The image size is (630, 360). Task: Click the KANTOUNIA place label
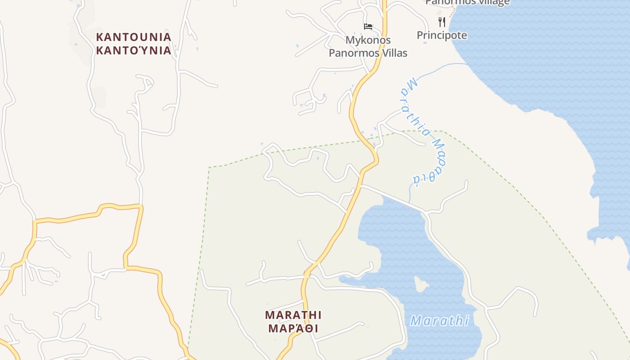coord(134,37)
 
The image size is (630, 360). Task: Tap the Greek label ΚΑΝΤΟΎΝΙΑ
coord(134,50)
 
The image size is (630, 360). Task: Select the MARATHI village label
coord(293,315)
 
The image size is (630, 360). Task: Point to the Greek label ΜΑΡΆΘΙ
coord(293,328)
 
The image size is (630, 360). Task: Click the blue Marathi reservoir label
coord(440,321)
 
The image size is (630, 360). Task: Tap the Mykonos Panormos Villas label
coord(368,47)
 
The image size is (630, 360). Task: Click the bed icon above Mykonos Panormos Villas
coord(368,27)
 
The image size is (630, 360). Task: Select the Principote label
coord(442,35)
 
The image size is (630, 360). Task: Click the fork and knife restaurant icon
coord(442,22)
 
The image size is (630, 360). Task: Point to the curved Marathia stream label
coord(423,130)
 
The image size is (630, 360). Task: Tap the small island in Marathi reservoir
coord(421,283)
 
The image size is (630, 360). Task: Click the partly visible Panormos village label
coord(468,2)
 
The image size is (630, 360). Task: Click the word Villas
coord(394,53)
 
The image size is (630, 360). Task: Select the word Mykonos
coord(368,40)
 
